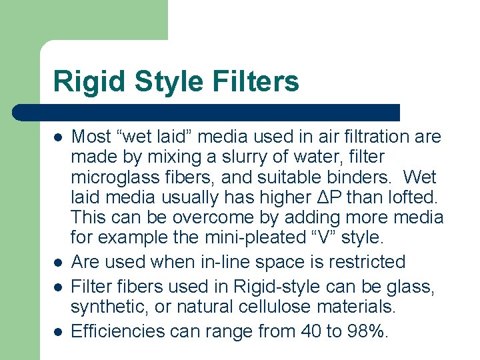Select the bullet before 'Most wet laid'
(59, 137)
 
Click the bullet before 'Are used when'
(59, 262)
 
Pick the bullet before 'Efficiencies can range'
(59, 331)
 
